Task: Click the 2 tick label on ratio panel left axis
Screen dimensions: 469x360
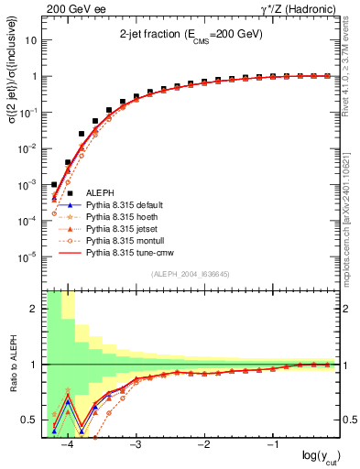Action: tap(37, 309)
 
